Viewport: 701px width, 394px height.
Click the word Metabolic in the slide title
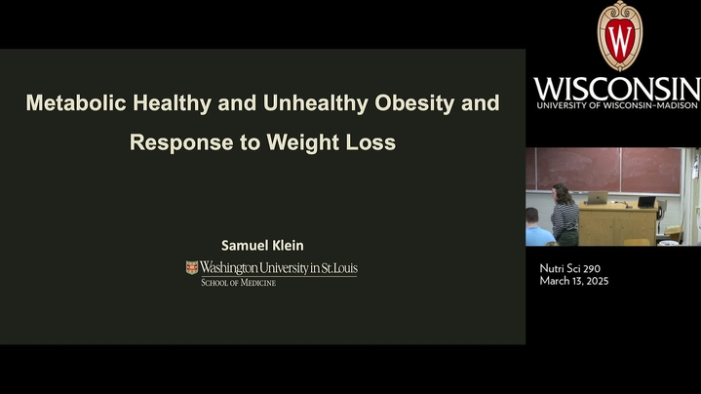[x=76, y=102]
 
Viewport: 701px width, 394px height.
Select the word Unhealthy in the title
[x=315, y=103]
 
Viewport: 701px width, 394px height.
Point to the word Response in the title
[x=181, y=142]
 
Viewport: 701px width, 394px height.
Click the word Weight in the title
[x=302, y=142]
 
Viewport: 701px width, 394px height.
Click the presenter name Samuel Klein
[x=262, y=245]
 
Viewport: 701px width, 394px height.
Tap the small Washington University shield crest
[x=192, y=267]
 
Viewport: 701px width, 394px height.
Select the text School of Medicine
[x=238, y=282]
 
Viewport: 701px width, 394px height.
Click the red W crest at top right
[x=620, y=36]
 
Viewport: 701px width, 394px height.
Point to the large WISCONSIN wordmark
[x=617, y=89]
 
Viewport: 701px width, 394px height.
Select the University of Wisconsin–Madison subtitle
[x=617, y=105]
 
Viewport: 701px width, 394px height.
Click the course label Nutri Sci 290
[x=570, y=268]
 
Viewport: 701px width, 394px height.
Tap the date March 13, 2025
[x=574, y=281]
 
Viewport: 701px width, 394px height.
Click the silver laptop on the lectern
[x=597, y=198]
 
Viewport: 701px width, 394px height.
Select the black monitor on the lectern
[x=646, y=202]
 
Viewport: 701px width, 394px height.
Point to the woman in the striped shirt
[x=564, y=215]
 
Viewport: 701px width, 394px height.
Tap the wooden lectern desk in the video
[x=618, y=224]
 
